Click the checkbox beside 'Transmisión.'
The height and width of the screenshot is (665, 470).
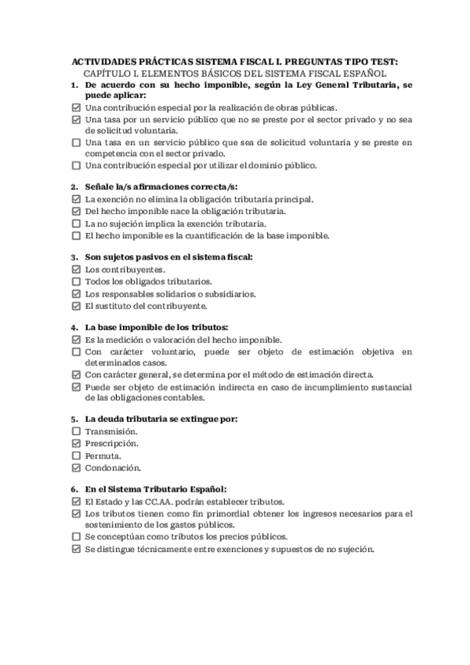pyautogui.click(x=76, y=431)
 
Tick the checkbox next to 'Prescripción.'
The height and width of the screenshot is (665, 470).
pyautogui.click(x=76, y=444)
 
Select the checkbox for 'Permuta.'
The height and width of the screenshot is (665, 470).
pyautogui.click(x=76, y=456)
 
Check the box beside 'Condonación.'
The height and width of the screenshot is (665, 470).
pyautogui.click(x=76, y=468)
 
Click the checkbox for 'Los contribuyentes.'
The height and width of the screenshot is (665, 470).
pyautogui.click(x=76, y=269)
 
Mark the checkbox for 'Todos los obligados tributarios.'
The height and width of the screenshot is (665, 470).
pyautogui.click(x=76, y=282)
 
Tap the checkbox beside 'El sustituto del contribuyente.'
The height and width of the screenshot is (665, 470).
pyautogui.click(x=76, y=306)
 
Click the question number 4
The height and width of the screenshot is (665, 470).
pyautogui.click(x=74, y=327)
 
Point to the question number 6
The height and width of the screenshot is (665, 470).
pyautogui.click(x=74, y=489)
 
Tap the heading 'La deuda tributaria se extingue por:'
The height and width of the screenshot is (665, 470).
pyautogui.click(x=161, y=419)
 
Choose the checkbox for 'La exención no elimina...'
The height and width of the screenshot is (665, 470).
pyautogui.click(x=76, y=199)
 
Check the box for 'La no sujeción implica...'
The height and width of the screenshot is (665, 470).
pyautogui.click(x=76, y=223)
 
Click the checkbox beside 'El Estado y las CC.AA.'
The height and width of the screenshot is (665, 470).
pyautogui.click(x=76, y=501)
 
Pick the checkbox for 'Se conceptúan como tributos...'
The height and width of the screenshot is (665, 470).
pyautogui.click(x=76, y=537)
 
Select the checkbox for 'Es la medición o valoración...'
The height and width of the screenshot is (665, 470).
pyautogui.click(x=76, y=340)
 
